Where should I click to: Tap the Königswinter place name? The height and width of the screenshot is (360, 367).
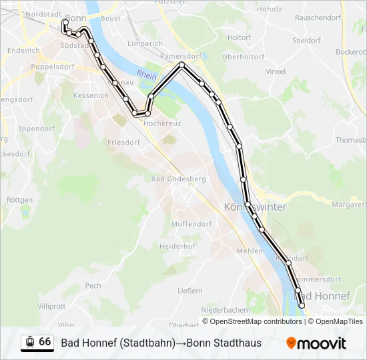click(256, 207)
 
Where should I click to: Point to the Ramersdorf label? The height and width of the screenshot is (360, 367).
click(181, 56)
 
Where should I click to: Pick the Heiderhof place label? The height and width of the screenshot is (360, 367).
click(177, 246)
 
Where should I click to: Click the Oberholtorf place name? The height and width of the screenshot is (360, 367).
click(244, 57)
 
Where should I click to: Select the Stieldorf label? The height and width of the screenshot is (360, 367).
click(306, 41)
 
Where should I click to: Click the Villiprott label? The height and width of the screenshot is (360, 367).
click(51, 306)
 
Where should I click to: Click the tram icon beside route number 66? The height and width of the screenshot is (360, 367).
click(29, 342)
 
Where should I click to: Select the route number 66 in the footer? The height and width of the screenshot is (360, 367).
click(45, 342)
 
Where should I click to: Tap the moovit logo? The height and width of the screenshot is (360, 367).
click(316, 343)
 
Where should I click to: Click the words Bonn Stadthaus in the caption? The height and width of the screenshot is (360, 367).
click(224, 343)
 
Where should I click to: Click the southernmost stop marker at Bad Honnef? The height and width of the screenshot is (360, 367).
click(302, 305)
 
